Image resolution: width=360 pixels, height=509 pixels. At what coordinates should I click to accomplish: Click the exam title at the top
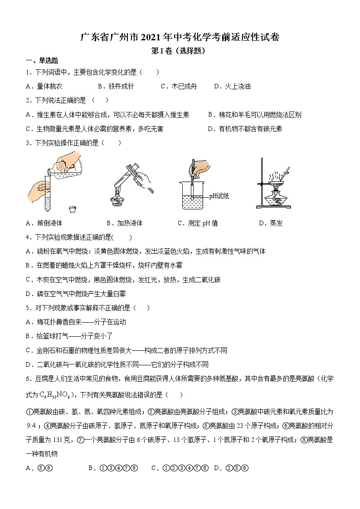click(x=180, y=38)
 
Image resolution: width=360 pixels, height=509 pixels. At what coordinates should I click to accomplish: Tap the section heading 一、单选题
click(x=41, y=61)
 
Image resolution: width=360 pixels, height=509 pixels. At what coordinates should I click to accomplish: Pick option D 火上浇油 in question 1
click(x=232, y=86)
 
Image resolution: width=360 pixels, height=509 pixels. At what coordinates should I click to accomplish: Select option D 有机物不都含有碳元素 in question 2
click(x=245, y=129)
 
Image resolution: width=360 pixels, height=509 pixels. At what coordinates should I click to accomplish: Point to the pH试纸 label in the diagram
click(x=219, y=196)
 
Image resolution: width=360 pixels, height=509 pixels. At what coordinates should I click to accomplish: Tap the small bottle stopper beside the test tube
click(x=72, y=209)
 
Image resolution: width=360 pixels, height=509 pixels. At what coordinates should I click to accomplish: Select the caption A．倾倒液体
click(x=44, y=223)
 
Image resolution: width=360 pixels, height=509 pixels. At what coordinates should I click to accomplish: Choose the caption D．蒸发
click(x=271, y=223)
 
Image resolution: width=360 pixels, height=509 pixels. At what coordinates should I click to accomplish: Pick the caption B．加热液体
click(x=124, y=223)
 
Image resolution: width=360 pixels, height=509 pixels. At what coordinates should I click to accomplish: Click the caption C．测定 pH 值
click(x=198, y=223)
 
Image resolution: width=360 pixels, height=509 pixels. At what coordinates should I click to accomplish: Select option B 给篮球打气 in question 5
click(x=68, y=336)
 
